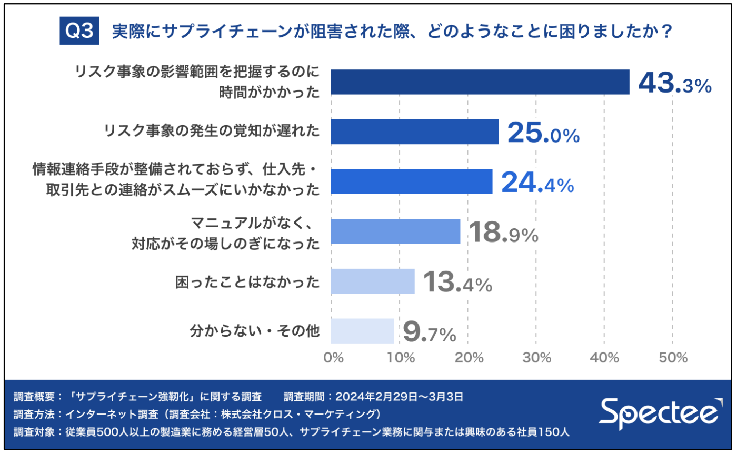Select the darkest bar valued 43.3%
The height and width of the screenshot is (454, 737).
point(480,82)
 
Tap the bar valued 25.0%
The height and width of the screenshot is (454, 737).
point(414,132)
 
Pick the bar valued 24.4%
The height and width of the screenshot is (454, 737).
point(411,181)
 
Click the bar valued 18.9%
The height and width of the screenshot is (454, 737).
point(395,231)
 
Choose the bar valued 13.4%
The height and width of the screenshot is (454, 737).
point(373,281)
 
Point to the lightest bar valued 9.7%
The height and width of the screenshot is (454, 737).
point(362,331)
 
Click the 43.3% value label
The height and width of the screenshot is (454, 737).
point(675,84)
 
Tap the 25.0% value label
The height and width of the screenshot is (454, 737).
point(543,134)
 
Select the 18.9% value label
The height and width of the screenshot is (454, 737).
point(503,234)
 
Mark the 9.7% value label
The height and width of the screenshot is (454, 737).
point(429,333)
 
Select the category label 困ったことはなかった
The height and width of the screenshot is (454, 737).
point(247,282)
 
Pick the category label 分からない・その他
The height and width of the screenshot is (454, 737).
point(254,332)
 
